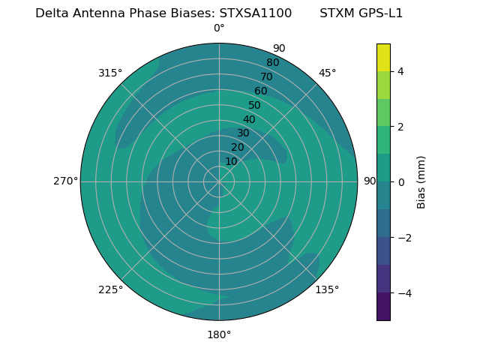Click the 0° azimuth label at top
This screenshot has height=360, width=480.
point(219,28)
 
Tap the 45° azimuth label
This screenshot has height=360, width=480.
point(327,73)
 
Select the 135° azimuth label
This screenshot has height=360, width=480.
point(327,289)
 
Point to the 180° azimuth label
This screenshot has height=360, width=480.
point(219,334)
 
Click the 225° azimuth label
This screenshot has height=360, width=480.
point(110,289)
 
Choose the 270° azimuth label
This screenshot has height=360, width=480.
point(65,181)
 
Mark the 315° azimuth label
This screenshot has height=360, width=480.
point(110,73)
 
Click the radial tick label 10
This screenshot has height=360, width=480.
point(231,161)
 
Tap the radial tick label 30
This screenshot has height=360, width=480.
point(243,133)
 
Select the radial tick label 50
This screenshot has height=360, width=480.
point(254,106)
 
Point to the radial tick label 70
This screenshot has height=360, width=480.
point(266,77)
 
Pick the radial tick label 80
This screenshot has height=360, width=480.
point(272,63)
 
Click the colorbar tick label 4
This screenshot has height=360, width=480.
point(400,71)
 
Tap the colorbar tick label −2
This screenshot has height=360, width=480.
point(403,238)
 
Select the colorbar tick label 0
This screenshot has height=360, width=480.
point(400,182)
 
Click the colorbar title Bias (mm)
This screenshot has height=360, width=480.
point(421,182)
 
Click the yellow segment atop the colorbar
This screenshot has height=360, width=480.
point(383,57)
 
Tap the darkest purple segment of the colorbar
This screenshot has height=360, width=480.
point(383,307)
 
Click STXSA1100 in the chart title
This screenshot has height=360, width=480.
point(256,13)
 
